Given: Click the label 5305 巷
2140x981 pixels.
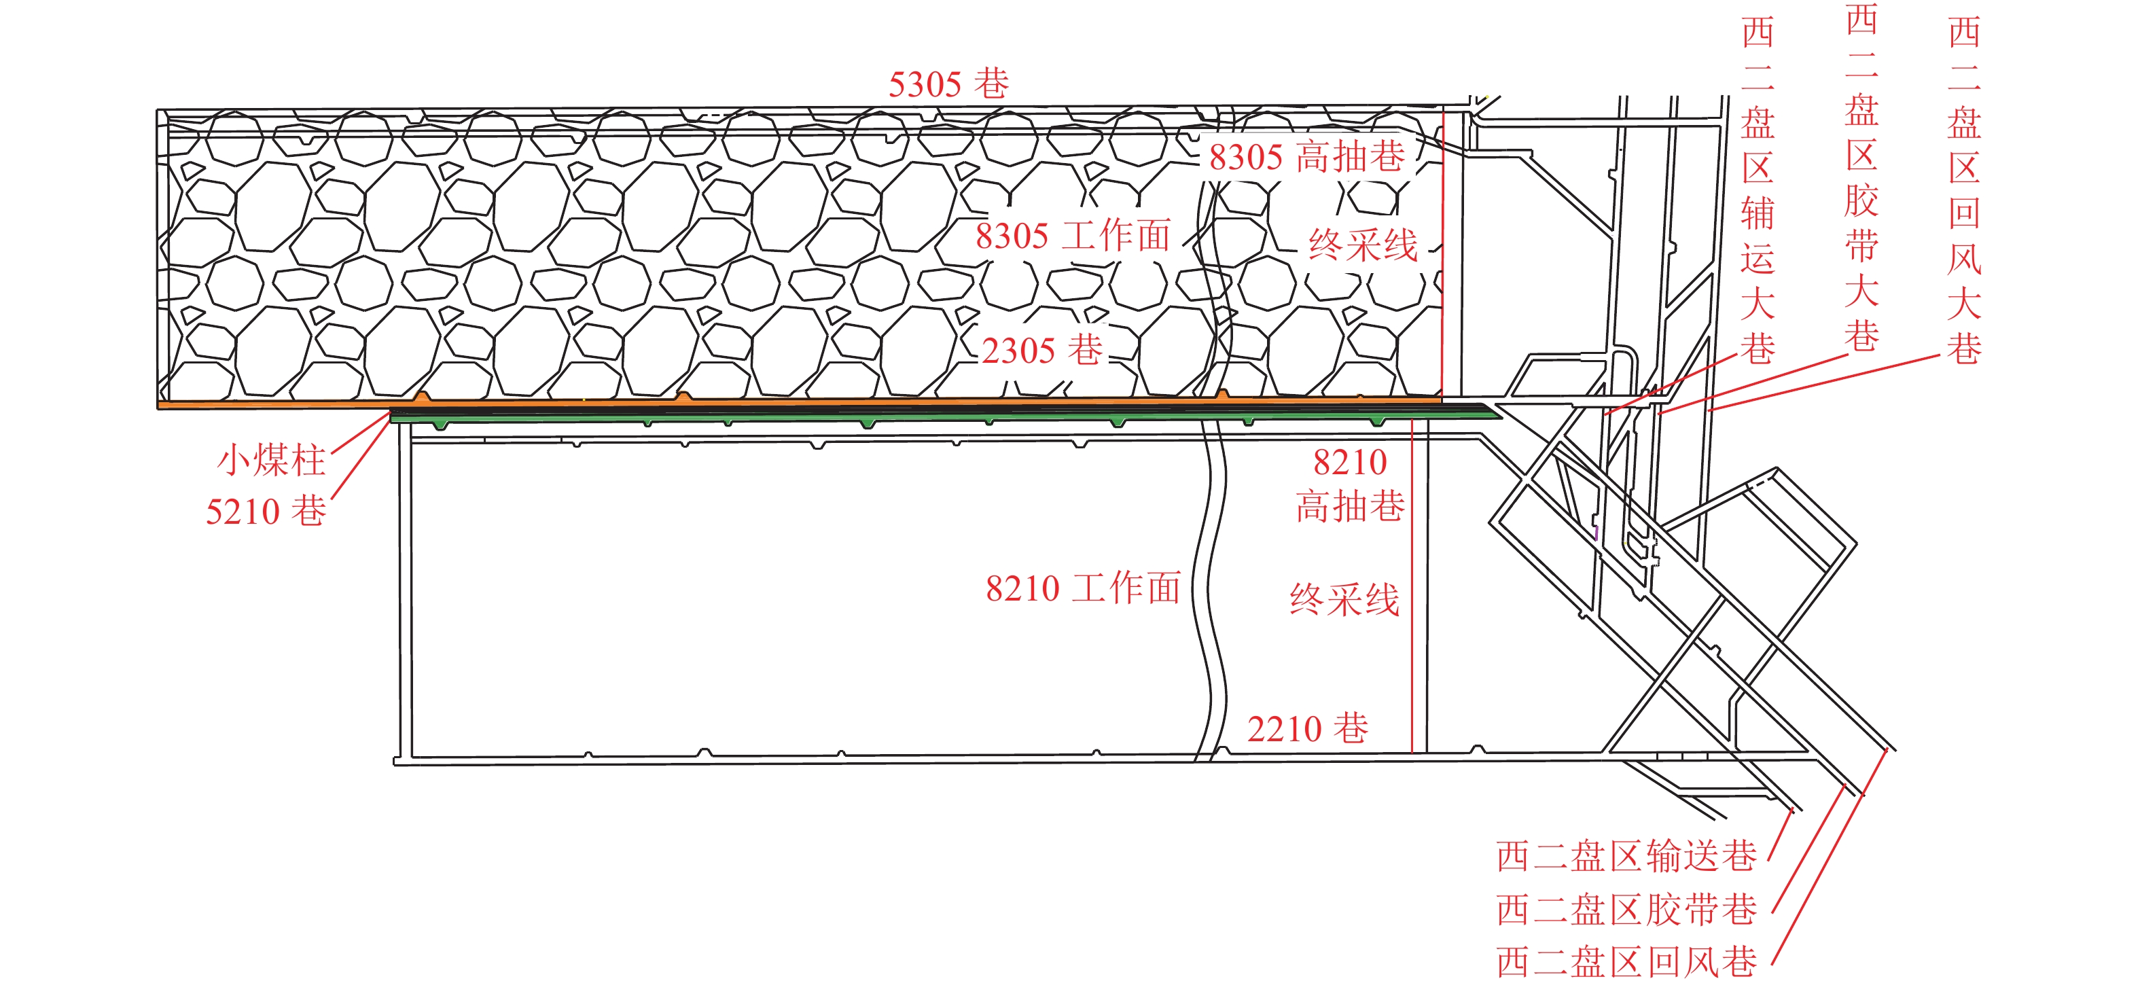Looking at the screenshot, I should pos(948,84).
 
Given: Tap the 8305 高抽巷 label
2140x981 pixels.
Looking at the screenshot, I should pos(1307,156).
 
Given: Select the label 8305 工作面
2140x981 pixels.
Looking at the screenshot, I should pos(1073,236).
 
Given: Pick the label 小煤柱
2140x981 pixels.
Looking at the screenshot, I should pos(271,460).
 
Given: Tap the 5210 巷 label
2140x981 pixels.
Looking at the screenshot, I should pos(266,511).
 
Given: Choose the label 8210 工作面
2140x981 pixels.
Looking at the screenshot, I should pos(1082,588).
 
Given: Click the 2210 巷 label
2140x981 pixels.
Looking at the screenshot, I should pos(1307,728).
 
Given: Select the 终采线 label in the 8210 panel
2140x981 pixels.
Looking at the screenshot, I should pos(1344,599).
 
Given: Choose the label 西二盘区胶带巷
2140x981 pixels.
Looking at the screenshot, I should pos(1626,910).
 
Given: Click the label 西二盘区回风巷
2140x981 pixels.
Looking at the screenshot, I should pos(1626,962).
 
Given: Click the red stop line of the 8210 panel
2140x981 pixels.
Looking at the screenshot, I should pos(1412,582).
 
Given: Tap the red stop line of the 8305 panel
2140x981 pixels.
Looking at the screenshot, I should pos(1443,249).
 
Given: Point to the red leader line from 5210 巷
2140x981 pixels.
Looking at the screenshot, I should pos(361,456).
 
